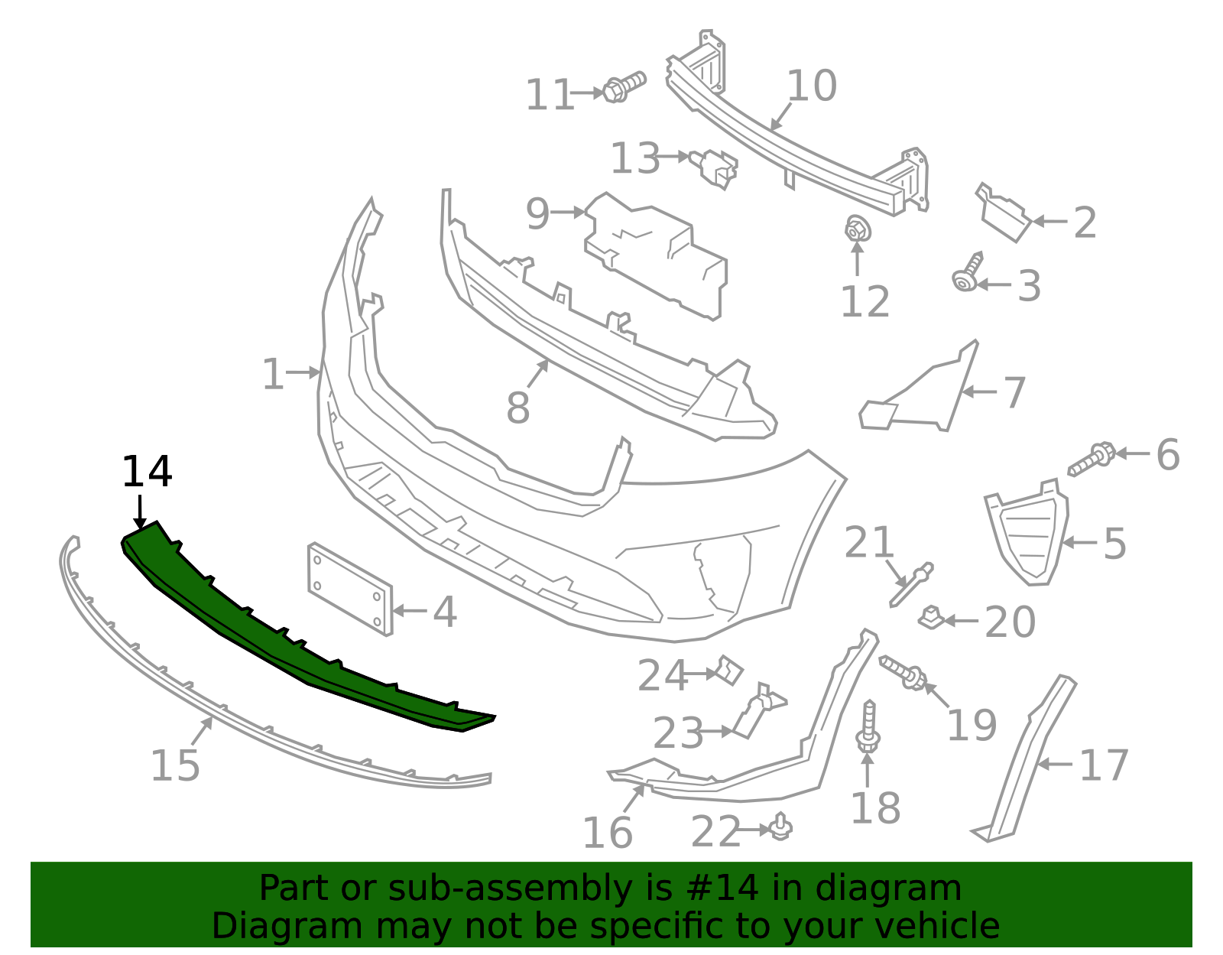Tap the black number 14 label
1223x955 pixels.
coord(147,472)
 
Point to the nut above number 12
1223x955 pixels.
coord(857,227)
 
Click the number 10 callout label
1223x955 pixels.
coord(812,86)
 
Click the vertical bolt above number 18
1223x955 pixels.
coord(868,726)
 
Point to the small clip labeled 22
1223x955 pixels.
coord(780,826)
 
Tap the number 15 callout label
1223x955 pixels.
coord(175,765)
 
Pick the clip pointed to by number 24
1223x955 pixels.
coord(728,670)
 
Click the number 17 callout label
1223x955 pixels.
coord(1104,765)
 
